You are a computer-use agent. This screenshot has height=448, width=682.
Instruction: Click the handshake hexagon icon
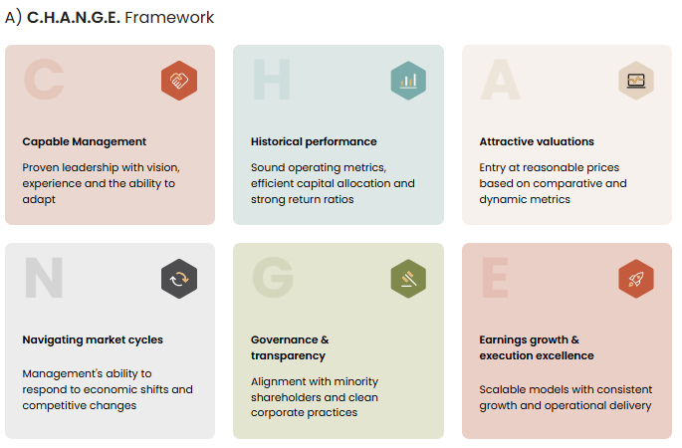pos(179,81)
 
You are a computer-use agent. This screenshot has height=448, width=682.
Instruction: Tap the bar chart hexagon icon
pos(408,81)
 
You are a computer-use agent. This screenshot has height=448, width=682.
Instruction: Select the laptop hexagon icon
pos(636,81)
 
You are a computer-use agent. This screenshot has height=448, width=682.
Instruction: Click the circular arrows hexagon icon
pos(179,279)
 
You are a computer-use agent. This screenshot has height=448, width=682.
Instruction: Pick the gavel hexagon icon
pos(408,279)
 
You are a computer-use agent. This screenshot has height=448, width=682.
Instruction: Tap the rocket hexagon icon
pos(636,279)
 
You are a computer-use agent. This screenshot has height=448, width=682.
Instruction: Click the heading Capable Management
pos(85,142)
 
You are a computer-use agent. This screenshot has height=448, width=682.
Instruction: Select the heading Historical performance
pos(314,141)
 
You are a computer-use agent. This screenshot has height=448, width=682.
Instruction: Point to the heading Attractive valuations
pos(537,141)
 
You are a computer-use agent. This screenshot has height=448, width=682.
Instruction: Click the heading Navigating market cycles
pos(93,340)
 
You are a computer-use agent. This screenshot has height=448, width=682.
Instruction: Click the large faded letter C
pos(44,80)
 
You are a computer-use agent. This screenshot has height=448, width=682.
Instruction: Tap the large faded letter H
pos(272,80)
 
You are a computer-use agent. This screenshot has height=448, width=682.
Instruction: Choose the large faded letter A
pos(500,80)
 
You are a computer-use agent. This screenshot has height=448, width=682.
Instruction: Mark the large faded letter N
pos(44,278)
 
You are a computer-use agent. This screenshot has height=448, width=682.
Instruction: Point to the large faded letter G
pos(273,278)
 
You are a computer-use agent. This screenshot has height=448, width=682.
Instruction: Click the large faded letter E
pos(495,278)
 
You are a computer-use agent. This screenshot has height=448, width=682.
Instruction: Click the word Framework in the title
pos(169,18)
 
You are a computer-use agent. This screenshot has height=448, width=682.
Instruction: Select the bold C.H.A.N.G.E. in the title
pos(74,18)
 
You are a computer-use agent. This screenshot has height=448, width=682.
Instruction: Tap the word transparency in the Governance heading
pos(288,356)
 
